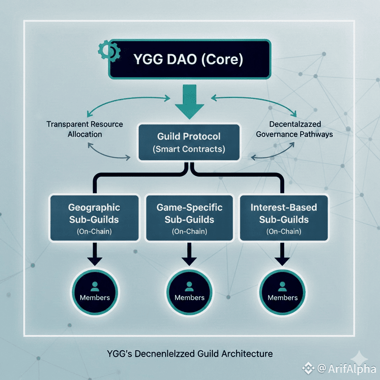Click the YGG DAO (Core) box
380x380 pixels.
coord(190,59)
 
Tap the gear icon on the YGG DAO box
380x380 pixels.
coord(109,50)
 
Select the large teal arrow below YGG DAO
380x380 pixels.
coord(190,101)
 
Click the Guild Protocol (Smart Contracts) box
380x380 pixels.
coord(189,142)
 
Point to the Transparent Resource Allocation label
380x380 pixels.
coord(84,129)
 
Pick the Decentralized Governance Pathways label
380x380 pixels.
coord(295,129)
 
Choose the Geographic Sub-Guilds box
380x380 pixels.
coord(94,218)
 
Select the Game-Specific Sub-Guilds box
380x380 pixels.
coord(190,218)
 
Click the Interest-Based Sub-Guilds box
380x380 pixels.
coord(284,218)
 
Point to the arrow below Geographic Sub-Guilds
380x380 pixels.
coord(95,254)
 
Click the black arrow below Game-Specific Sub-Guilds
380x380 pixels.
coord(189,254)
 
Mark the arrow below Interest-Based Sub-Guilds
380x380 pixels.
coord(282,254)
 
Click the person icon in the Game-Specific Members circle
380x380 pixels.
coord(189,286)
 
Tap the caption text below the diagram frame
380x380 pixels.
coord(190,354)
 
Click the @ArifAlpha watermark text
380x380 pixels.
coord(346,369)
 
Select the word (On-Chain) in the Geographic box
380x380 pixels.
coord(94,231)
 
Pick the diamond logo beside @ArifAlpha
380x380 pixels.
coord(308,368)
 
